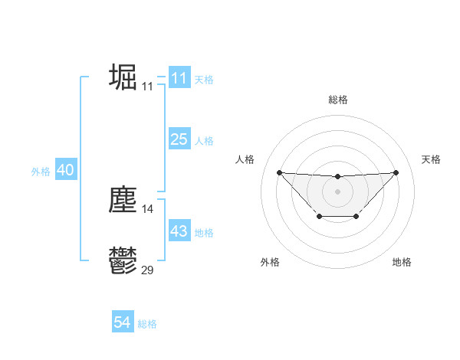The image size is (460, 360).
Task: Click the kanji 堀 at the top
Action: [x=123, y=77]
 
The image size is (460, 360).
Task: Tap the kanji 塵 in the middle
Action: [x=123, y=200]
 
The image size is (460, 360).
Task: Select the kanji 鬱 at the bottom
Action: [x=123, y=261]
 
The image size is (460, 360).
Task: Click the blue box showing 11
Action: [x=179, y=78]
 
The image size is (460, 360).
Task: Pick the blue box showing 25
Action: [x=179, y=139]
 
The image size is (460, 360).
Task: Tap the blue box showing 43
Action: [x=179, y=231]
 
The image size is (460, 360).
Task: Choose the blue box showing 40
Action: [x=65, y=170]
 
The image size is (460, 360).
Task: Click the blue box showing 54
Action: [x=122, y=322]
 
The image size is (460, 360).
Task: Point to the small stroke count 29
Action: [x=147, y=270]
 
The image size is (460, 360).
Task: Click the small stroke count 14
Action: [x=147, y=208]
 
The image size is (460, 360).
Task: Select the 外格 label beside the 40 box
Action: [x=41, y=172]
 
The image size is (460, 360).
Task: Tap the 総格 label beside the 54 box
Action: [x=147, y=324]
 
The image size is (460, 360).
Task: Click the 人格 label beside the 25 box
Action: [x=204, y=141]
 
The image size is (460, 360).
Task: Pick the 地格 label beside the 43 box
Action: [x=204, y=233]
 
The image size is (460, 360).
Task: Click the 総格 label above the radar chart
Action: [x=337, y=100]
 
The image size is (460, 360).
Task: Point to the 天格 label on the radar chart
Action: [x=432, y=159]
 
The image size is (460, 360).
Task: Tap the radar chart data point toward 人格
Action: [x=279, y=172]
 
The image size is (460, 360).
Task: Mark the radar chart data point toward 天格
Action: [x=396, y=172]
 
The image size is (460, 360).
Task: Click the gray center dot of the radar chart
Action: [x=337, y=191]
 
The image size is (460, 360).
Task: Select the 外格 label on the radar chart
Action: [x=270, y=262]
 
